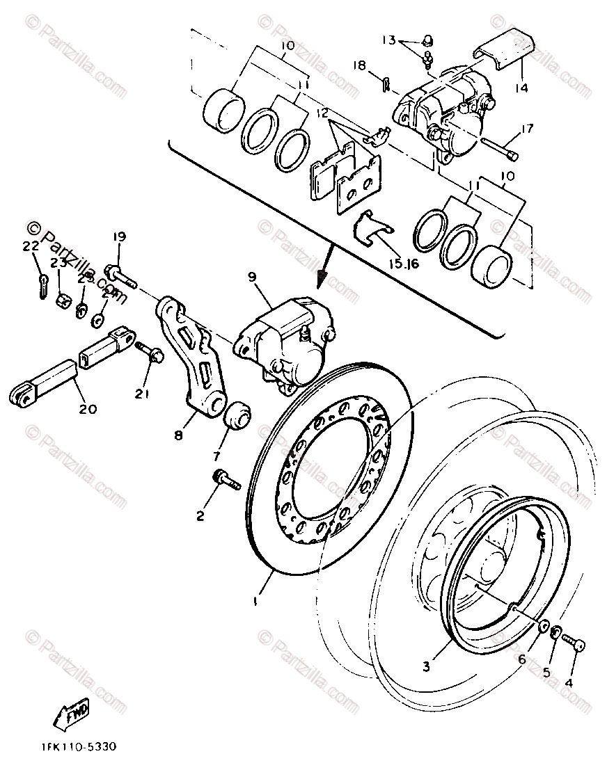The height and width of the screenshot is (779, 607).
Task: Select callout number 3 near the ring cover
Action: click(x=427, y=665)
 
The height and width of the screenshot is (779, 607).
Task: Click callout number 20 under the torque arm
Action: click(x=88, y=409)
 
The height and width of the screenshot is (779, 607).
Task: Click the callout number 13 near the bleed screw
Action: click(x=388, y=39)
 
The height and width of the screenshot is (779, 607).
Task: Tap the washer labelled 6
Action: click(x=544, y=630)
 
